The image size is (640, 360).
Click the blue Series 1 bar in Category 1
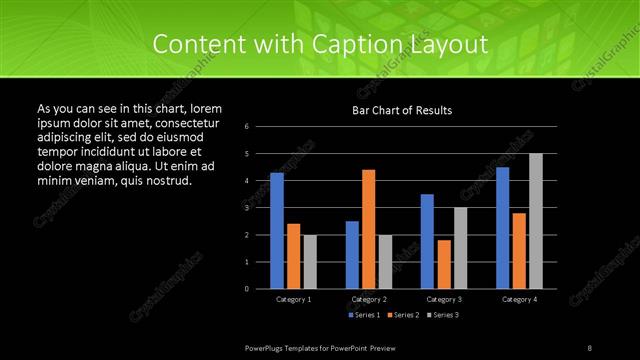pos(277,231)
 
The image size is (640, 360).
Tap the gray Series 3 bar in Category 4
pos(536,221)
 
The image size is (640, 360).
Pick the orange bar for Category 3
pos(443,264)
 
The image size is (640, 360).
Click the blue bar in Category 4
pos(502,228)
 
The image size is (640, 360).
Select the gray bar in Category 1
pos(310,262)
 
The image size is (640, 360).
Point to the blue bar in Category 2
pos(352,255)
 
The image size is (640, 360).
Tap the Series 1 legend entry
pos(364,315)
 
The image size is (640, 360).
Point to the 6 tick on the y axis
pos(246,127)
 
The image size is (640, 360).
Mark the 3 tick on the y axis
pos(246,208)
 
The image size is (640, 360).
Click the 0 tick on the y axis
pos(246,289)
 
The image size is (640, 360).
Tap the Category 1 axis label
pos(293,299)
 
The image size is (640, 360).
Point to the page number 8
pos(590,347)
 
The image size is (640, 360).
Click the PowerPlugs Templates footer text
pos(330,347)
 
